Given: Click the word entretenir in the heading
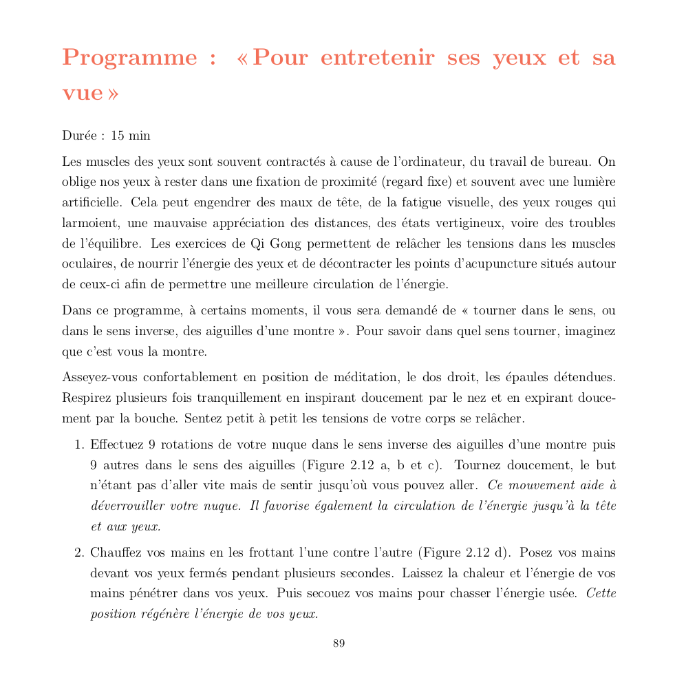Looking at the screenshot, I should point(378,58).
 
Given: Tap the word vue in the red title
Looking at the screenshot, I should point(82,93).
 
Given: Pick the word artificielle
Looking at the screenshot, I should point(93,203).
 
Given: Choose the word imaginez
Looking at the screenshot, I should point(590,331).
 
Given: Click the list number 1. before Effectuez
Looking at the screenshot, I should point(80,445).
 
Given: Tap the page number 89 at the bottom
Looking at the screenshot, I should point(339,644).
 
